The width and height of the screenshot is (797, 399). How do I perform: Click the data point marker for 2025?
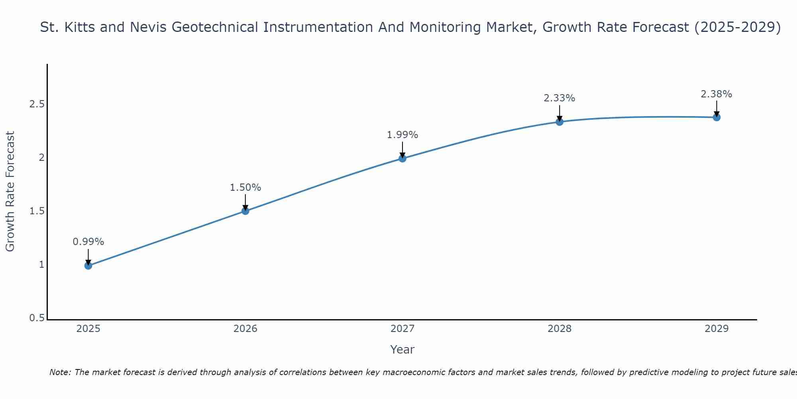(88, 265)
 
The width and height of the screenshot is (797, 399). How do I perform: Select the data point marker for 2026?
(245, 211)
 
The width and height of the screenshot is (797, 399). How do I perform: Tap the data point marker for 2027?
(402, 158)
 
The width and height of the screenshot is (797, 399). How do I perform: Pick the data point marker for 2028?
(559, 122)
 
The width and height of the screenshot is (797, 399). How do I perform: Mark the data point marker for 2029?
(717, 117)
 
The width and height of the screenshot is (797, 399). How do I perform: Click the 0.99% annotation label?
(88, 242)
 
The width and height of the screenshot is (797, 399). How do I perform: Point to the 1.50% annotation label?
(245, 188)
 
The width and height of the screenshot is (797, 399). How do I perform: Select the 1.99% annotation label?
(402, 135)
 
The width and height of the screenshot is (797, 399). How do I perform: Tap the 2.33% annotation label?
(559, 98)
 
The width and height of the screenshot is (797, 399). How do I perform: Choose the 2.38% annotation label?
(717, 94)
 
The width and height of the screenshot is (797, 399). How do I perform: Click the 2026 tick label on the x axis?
(245, 329)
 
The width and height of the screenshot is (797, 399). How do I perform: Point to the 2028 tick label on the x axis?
(559, 329)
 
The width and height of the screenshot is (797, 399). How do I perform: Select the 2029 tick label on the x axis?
(717, 329)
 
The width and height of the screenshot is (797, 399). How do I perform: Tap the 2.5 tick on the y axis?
(37, 104)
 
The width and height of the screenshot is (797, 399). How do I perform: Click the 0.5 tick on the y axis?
(37, 318)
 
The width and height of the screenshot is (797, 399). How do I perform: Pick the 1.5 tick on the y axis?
(37, 211)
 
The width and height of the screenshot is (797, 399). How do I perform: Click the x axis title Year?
(402, 350)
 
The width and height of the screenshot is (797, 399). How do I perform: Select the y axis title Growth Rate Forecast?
(10, 192)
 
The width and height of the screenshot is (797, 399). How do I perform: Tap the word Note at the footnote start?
(60, 372)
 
